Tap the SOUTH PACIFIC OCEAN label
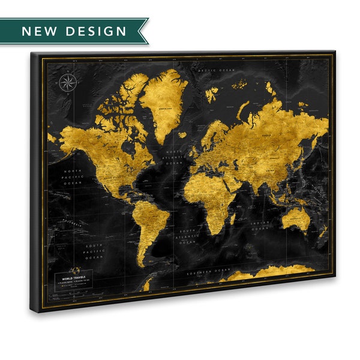(x=94, y=250)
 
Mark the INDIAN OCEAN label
(x=260, y=226)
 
